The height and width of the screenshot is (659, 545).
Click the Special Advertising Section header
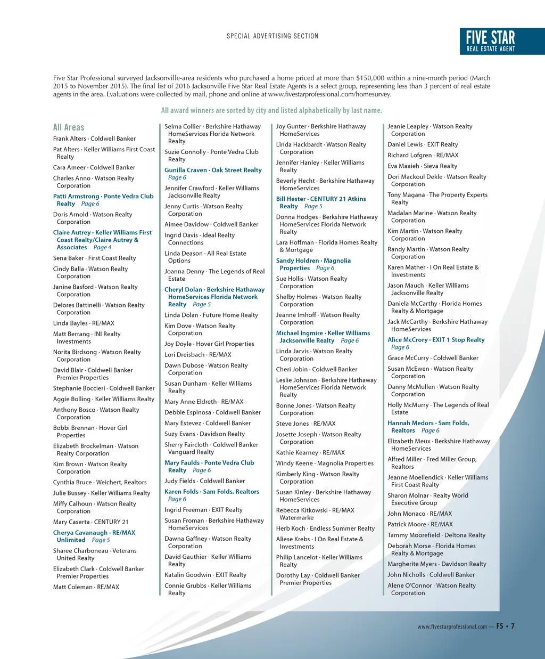click(272, 36)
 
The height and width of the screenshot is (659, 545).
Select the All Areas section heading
click(69, 127)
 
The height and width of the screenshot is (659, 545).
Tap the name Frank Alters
click(69, 139)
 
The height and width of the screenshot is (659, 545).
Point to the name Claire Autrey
click(72, 232)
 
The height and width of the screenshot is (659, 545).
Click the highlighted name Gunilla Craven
click(186, 170)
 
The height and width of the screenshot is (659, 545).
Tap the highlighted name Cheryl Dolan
click(183, 289)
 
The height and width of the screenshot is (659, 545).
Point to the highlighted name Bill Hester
click(291, 199)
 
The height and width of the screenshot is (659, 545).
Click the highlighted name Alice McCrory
click(408, 339)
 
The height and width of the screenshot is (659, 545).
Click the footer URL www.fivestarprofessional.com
click(452, 627)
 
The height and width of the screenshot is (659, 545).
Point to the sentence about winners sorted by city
click(271, 110)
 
